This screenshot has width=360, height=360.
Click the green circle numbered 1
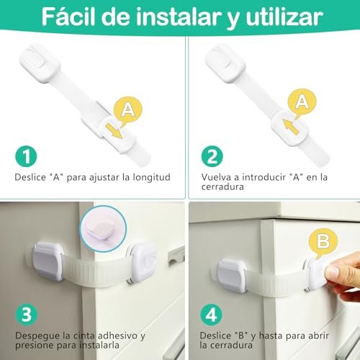click(x=26, y=156)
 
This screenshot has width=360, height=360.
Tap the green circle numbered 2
click(x=212, y=156)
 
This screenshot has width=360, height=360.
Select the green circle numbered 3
click(x=27, y=315)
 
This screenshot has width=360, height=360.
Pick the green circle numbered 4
click(x=212, y=315)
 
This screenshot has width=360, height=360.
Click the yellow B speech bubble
click(x=323, y=243)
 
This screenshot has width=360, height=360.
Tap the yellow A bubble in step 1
click(x=128, y=110)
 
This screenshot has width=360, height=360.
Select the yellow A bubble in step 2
click(x=302, y=103)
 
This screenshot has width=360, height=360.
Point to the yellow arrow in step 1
click(x=114, y=131)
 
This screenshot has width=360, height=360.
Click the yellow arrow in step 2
click(x=290, y=127)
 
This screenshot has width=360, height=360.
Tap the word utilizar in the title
click(x=284, y=17)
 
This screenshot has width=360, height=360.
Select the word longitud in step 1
click(x=152, y=177)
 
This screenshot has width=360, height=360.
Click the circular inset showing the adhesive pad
click(x=103, y=229)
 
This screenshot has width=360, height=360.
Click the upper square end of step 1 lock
click(x=40, y=63)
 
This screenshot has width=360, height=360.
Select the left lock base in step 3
click(x=48, y=261)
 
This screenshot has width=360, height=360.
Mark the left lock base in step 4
click(x=233, y=276)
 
